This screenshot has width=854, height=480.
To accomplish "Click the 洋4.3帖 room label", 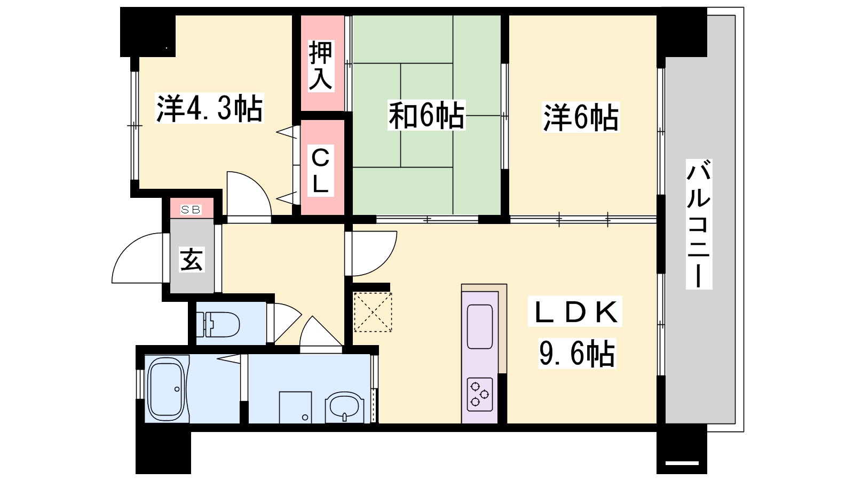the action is [209, 109].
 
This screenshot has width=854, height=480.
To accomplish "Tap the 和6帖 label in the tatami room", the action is [426, 115].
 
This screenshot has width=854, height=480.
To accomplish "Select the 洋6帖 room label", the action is [581, 117].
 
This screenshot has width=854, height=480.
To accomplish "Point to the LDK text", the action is [575, 311].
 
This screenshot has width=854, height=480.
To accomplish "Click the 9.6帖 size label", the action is [577, 353].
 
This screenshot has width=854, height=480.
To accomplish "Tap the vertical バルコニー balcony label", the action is [699, 224].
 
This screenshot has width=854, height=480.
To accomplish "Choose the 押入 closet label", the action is [320, 66].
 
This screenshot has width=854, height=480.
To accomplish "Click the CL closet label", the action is [320, 170].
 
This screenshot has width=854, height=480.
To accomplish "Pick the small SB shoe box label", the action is [191, 210].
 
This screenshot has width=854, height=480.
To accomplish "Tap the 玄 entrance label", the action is [192, 259].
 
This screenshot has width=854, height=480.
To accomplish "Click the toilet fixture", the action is [217, 324].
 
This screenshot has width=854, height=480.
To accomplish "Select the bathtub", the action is [166, 389].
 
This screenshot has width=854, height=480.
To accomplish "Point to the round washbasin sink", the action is [344, 407].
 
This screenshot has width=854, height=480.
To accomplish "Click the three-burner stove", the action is [480, 394].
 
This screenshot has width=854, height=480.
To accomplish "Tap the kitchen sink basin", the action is [480, 326].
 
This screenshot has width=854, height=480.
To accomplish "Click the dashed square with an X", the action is [373, 312].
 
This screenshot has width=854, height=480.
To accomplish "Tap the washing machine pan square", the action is [296, 407].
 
